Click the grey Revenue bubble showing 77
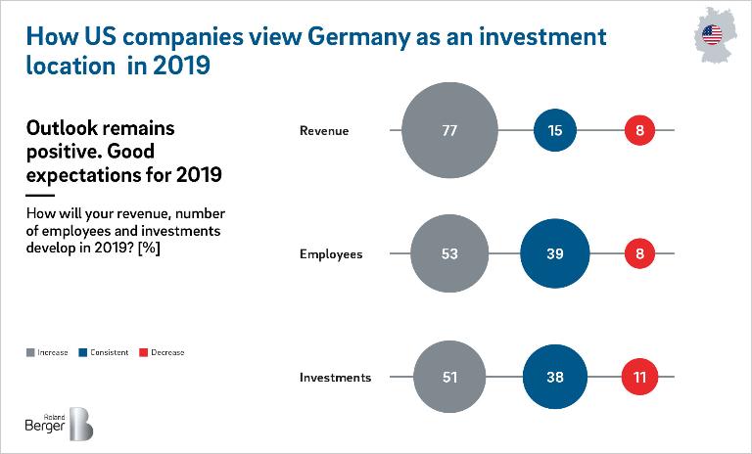click(x=449, y=130)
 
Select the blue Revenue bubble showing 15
click(x=555, y=130)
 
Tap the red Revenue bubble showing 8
click(x=640, y=130)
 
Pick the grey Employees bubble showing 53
click(x=449, y=254)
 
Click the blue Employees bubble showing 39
click(x=555, y=254)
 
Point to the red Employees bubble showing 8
click(x=640, y=254)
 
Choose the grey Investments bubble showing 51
click(x=449, y=377)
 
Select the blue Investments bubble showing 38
click(x=555, y=377)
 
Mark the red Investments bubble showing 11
click(x=640, y=377)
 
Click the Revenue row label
click(x=323, y=130)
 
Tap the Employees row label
click(x=330, y=254)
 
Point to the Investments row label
click(x=334, y=377)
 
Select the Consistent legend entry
click(x=107, y=352)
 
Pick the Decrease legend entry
click(x=163, y=352)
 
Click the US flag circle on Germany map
click(x=712, y=36)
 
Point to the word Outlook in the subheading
click(x=64, y=129)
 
